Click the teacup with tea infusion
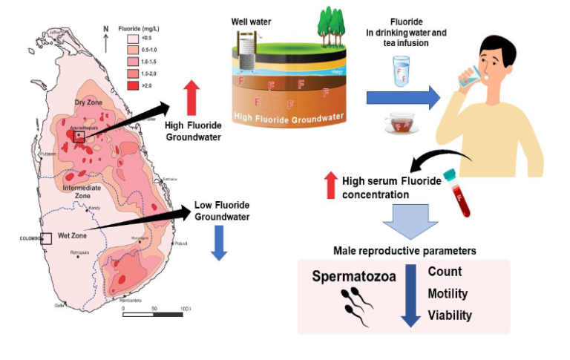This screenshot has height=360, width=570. [x=402, y=123]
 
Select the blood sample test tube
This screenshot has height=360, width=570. [x=456, y=194]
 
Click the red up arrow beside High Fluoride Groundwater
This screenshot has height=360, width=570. [x=191, y=98]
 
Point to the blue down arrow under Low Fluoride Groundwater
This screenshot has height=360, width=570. [x=219, y=243]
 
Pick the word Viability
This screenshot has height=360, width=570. [x=450, y=315]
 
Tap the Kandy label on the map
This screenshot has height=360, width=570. [x=94, y=209]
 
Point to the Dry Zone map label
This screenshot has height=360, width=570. [x=88, y=102]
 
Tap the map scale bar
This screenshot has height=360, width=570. [x=153, y=315]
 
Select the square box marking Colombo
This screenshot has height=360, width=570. [x=46, y=238]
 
